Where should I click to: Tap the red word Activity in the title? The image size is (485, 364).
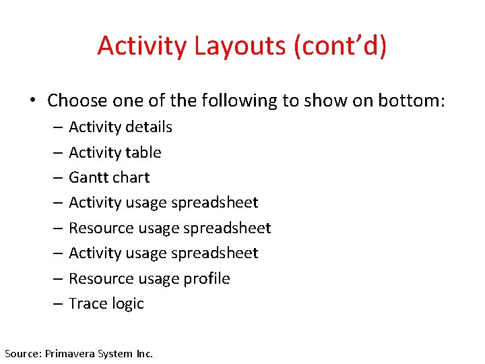coord(142,46)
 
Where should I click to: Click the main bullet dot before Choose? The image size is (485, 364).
coord(32,101)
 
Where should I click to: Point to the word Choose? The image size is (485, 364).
coord(77,101)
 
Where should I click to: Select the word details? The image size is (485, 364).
coord(148,127)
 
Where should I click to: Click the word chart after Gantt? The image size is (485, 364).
coord(131,177)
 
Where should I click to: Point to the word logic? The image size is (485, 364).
coord(127,304)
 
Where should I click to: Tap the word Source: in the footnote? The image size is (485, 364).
coord(23,353)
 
